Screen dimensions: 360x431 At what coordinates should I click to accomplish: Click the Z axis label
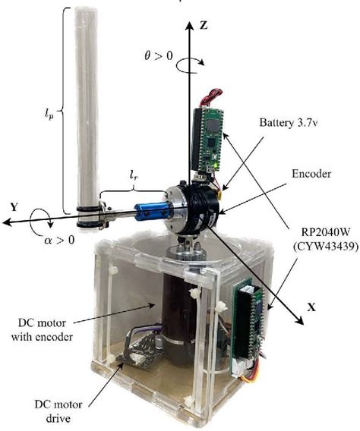point(204,25)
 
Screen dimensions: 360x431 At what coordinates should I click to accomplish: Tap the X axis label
point(311,307)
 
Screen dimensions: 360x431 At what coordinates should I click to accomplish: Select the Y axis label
point(14,206)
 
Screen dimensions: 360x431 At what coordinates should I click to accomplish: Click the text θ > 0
point(159,56)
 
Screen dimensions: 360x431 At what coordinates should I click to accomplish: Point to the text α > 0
point(59,240)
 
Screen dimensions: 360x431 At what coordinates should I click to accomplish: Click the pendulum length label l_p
point(49,113)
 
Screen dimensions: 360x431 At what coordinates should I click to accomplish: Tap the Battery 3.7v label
point(289,123)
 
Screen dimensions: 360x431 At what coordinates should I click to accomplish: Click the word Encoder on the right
point(311,174)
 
